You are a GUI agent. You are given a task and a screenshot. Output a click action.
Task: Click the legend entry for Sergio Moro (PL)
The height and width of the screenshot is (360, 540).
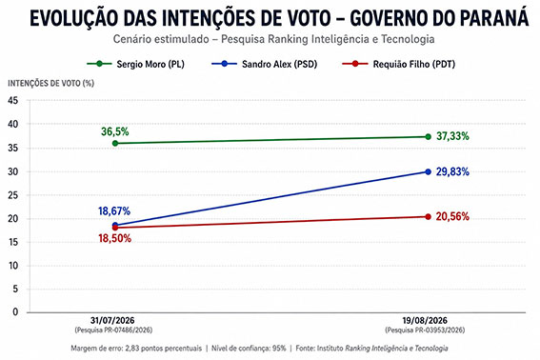pos(135,64)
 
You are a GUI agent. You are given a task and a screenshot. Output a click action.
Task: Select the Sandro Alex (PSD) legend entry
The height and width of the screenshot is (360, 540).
pos(265,64)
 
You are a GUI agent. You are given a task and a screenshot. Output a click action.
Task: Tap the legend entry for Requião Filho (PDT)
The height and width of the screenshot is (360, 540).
pos(399,64)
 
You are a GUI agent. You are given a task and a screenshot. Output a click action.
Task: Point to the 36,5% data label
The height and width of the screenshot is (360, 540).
pos(115,131)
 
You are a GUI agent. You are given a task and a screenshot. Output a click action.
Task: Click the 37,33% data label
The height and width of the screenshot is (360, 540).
pos(452,136)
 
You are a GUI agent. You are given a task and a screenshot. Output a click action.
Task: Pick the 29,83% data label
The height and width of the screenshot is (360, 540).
pos(452,171)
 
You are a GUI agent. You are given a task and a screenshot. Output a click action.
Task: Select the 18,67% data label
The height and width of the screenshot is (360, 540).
pos(114,210)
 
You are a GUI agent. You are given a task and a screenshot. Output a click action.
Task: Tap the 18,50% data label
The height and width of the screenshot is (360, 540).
pos(114,238)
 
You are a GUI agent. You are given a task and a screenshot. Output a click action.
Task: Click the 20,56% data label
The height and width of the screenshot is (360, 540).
pos(452,216)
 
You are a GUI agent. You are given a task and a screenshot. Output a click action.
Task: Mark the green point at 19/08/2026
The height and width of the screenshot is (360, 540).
pos(428,137)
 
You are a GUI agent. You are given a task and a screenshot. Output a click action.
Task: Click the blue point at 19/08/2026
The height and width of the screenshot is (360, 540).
pos(428,171)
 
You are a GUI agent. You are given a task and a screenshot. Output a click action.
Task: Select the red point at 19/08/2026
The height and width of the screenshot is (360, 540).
pos(428,217)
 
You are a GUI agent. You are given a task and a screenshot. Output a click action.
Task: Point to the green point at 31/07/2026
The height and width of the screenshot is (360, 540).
pos(115,143)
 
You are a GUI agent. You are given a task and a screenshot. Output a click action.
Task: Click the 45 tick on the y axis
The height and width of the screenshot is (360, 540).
pos(12,101)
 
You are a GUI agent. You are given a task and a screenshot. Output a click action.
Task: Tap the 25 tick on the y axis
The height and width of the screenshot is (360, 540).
pos(12,195)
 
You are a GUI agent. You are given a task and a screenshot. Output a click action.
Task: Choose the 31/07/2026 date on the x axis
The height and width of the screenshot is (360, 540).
pos(112,320)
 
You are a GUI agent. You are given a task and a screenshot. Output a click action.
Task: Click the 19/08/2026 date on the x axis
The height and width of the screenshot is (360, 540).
pos(425,320)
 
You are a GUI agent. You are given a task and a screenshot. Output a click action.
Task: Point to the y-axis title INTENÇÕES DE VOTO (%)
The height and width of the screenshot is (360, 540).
pos(51,84)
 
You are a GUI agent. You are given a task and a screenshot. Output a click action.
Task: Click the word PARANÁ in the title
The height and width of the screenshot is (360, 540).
pos(494,17)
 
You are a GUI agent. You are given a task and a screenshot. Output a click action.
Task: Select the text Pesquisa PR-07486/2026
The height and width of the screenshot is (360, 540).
pos(113,330)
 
